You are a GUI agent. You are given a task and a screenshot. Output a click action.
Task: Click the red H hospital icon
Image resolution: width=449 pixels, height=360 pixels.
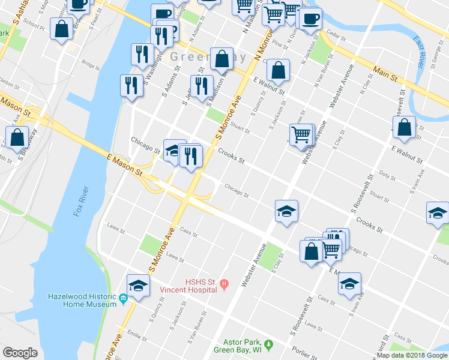pos(224,283)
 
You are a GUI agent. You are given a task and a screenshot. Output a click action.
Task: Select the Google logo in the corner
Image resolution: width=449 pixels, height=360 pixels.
pos(20,352)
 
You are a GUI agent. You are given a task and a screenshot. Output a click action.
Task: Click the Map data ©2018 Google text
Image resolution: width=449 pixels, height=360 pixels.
pos(412,355)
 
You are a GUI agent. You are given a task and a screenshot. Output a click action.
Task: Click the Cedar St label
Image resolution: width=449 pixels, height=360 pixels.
pos(337,36)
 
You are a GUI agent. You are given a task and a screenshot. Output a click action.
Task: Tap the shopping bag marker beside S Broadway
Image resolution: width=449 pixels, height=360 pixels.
pos(17,137)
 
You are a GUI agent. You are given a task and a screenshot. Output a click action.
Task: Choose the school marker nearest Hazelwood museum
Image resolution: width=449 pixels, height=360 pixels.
pos(138,285)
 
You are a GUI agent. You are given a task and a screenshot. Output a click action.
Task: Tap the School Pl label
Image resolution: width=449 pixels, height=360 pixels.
pos(35,28)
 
